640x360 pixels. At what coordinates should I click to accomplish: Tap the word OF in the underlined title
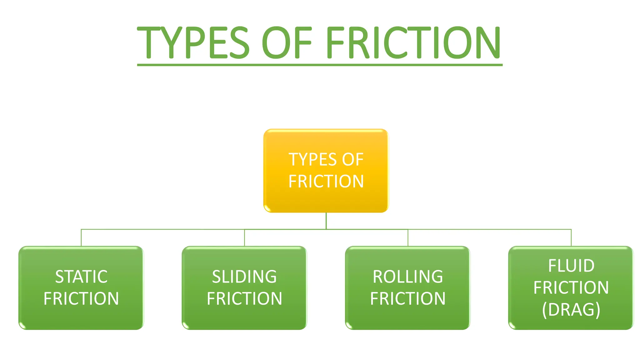point(287,42)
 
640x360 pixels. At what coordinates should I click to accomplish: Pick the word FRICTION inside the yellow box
point(326,182)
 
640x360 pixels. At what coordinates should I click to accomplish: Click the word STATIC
point(81,277)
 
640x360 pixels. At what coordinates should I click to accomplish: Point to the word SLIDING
point(244,277)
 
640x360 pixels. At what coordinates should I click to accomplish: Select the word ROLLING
point(408,277)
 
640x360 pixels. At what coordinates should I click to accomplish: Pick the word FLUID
point(571,266)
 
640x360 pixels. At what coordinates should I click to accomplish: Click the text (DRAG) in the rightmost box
point(571,310)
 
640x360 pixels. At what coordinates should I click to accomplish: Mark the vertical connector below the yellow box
point(326,221)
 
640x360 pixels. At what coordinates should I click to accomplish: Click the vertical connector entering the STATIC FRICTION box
point(81,238)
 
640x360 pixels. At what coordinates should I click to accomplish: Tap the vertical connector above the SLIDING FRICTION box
point(244,238)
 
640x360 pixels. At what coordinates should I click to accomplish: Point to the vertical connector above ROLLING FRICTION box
point(408,238)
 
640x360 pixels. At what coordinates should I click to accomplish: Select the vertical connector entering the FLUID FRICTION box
point(571,238)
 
